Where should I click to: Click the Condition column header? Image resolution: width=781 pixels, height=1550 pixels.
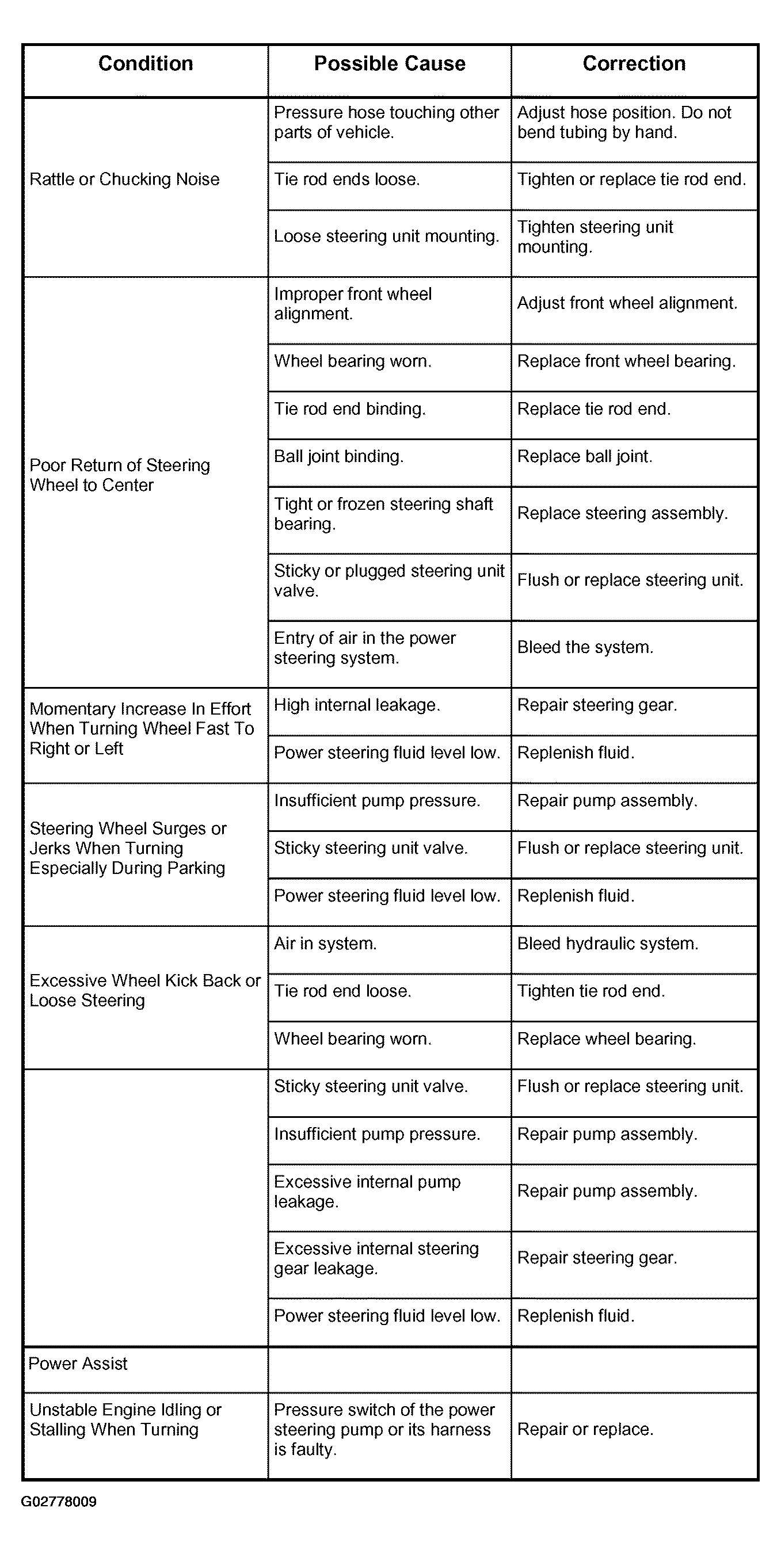pos(146,64)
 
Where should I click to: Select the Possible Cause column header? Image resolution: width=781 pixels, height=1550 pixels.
pos(389,64)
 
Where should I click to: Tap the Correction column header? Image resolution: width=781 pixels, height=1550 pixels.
pos(634,64)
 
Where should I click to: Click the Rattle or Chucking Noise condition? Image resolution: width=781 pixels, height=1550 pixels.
pos(124,180)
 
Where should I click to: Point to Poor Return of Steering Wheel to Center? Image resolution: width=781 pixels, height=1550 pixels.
pos(120,475)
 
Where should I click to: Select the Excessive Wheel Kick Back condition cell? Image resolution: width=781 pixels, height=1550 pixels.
pos(144,990)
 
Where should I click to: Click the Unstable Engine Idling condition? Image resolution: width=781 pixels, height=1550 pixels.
pos(125,1419)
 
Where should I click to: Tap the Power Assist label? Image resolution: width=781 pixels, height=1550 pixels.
pos(78,1364)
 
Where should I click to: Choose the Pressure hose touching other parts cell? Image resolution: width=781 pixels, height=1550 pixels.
pos(386,122)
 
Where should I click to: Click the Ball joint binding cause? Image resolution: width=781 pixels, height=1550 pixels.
pos(339,457)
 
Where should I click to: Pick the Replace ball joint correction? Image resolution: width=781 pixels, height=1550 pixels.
pos(584,457)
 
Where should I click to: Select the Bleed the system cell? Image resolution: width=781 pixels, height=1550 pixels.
pos(585,647)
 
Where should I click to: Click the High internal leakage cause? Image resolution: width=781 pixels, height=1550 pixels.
pos(357,705)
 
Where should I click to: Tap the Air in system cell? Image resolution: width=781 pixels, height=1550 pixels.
pos(325,944)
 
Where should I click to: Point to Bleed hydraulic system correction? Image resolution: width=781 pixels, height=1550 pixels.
pos(608,944)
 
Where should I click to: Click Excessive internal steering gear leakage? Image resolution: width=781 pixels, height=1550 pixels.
pos(376,1258)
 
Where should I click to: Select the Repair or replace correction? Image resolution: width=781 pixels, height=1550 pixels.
pos(585,1429)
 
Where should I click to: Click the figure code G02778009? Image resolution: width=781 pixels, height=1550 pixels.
pos(59,1502)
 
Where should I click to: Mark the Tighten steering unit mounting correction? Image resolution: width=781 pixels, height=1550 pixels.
pos(595,236)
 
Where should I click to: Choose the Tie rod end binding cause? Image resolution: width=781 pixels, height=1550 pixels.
pos(349,409)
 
